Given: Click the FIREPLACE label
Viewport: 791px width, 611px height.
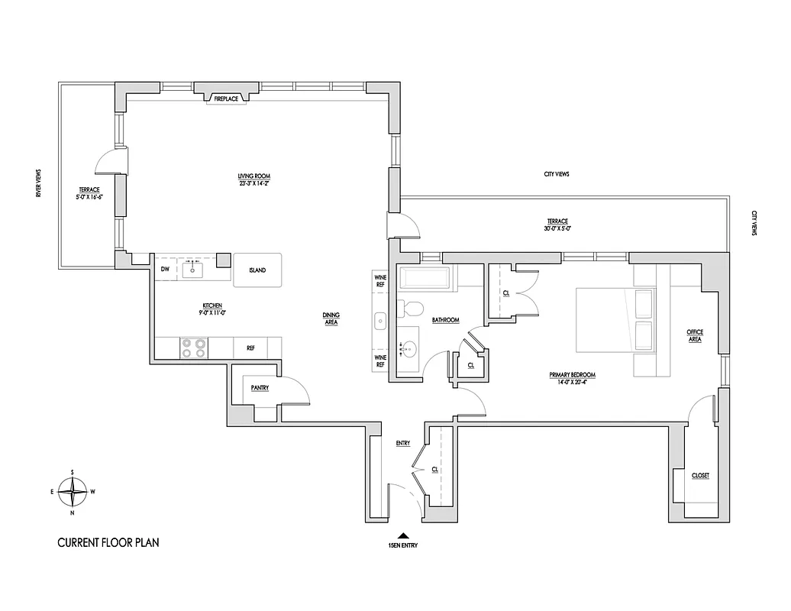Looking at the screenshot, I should [226, 99].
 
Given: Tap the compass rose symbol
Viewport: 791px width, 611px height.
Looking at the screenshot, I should [72, 492].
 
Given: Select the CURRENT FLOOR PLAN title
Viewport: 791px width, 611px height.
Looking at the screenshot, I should [108, 544].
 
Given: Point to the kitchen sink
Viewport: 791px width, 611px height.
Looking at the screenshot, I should [192, 269].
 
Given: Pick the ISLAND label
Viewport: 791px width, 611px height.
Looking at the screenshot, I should [257, 270].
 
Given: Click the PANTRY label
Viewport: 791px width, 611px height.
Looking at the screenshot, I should [260, 388].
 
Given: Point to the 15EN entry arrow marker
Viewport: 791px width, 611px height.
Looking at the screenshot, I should [403, 536].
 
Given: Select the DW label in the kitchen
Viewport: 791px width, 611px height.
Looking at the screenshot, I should [165, 270].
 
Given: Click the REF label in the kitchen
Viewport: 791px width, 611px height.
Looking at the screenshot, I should [250, 348].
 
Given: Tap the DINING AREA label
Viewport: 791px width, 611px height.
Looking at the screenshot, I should [331, 318].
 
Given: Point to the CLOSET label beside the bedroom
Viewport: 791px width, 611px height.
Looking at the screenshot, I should [700, 475].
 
